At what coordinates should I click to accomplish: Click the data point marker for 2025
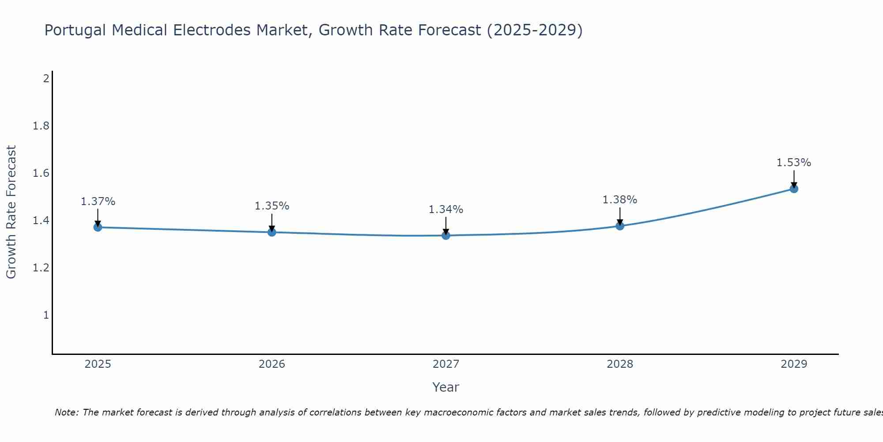tap(98, 227)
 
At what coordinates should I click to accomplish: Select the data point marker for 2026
tap(272, 232)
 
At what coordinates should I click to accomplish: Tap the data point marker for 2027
tap(446, 236)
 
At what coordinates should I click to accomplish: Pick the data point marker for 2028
tap(620, 226)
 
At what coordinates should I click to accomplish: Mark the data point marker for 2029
tap(794, 189)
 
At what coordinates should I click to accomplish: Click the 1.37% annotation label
tap(98, 202)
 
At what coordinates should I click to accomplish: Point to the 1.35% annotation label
tap(272, 206)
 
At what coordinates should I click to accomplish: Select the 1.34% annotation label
tap(446, 210)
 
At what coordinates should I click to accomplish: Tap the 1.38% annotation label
tap(620, 200)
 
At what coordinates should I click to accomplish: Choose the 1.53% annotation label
tap(794, 163)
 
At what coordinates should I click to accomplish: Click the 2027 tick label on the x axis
tap(446, 364)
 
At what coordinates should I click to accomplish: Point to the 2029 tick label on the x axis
tap(794, 364)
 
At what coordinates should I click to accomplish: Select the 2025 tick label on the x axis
tap(98, 364)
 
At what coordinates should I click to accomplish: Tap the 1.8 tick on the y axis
tap(41, 126)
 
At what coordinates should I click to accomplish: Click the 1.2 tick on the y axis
tap(41, 268)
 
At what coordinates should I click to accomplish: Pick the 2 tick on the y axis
tap(46, 79)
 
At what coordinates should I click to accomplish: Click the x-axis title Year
tap(446, 387)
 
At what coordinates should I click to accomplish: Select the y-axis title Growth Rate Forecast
tap(11, 212)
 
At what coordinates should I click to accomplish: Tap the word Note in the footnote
tap(66, 412)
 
